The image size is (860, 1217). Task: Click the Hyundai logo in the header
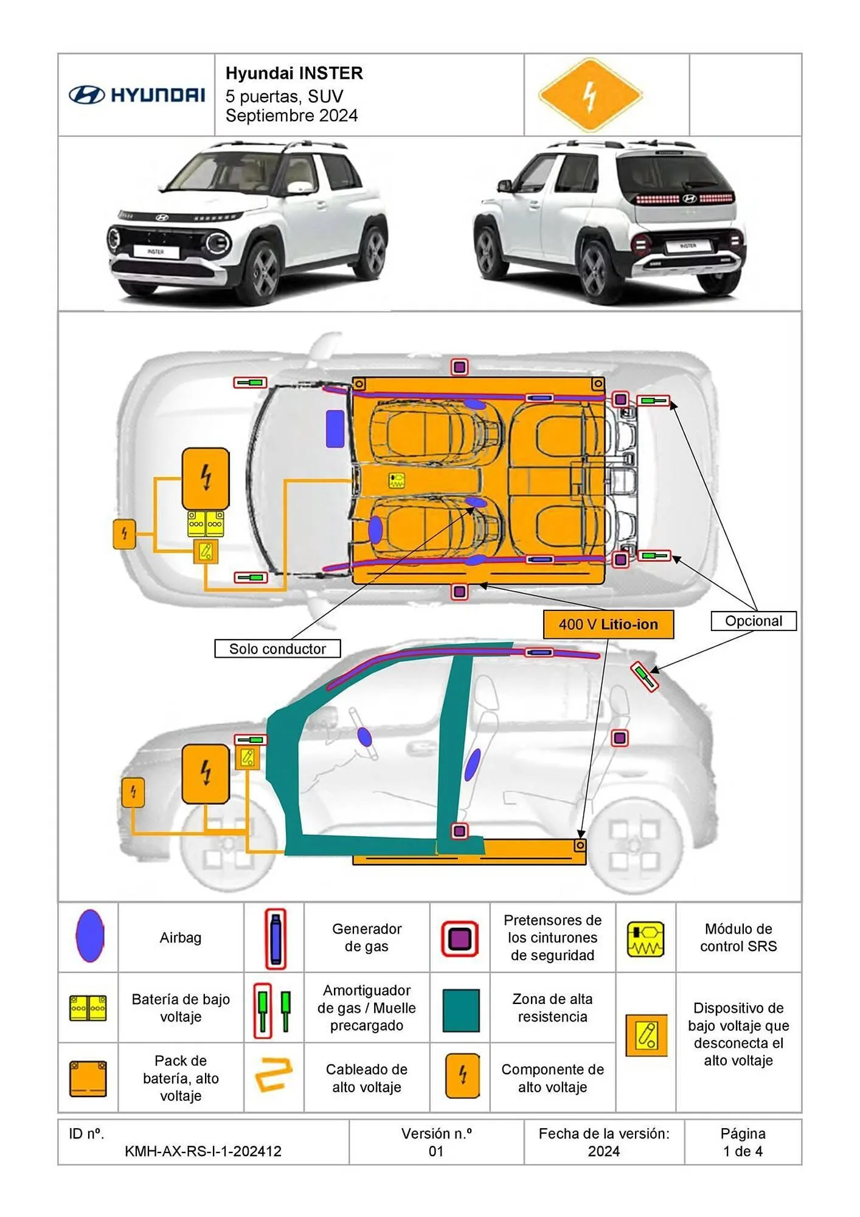click(137, 95)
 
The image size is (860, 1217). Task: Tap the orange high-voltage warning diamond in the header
click(590, 95)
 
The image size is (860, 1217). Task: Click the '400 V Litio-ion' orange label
click(608, 624)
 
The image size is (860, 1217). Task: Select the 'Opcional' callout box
click(753, 621)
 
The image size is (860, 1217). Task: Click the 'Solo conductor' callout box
click(277, 649)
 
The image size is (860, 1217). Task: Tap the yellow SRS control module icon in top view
click(397, 480)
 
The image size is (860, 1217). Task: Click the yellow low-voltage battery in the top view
click(206, 523)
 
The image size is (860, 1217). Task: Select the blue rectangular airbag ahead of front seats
click(335, 428)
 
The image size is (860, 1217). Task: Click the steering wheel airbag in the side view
click(364, 737)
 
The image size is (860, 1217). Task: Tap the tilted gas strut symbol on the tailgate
click(644, 676)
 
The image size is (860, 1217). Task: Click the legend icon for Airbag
click(90, 936)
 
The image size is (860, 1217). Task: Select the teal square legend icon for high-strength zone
click(460, 1011)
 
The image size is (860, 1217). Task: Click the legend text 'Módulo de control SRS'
click(738, 937)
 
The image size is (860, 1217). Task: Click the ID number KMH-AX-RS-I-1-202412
click(203, 1151)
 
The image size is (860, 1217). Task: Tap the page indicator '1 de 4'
click(743, 1151)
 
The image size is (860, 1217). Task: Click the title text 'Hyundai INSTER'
click(294, 74)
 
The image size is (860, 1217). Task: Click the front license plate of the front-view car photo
click(156, 251)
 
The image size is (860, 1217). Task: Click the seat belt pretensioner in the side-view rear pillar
click(619, 738)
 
